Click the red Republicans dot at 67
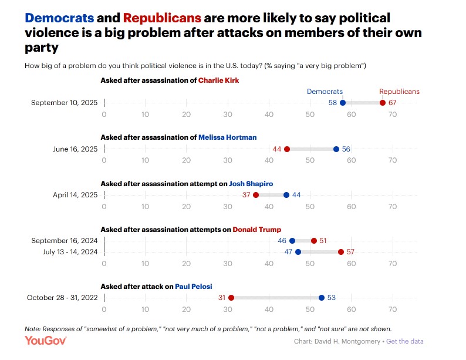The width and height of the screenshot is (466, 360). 383,103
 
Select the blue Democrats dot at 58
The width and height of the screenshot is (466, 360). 343,103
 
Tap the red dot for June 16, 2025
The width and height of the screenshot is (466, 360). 287,149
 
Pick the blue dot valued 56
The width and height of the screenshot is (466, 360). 336,149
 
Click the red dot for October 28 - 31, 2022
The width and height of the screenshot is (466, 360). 231,298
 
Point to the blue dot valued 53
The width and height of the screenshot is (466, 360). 322,298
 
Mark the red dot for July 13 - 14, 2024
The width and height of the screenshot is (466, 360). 341,252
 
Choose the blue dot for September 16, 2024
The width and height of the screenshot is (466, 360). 292,241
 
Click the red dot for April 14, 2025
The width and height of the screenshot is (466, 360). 256,195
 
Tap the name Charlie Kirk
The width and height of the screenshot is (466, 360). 219,80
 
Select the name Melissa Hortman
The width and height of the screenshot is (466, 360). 227,137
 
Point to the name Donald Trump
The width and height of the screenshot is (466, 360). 257,229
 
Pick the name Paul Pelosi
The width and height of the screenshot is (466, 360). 193,287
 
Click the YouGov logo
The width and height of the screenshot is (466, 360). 46,341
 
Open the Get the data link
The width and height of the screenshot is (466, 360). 404,341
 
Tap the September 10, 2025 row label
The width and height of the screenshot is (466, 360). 64,103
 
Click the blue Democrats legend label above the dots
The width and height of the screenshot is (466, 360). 325,92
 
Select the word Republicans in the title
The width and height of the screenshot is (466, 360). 162,18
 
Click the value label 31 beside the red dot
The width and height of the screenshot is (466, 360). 222,298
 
